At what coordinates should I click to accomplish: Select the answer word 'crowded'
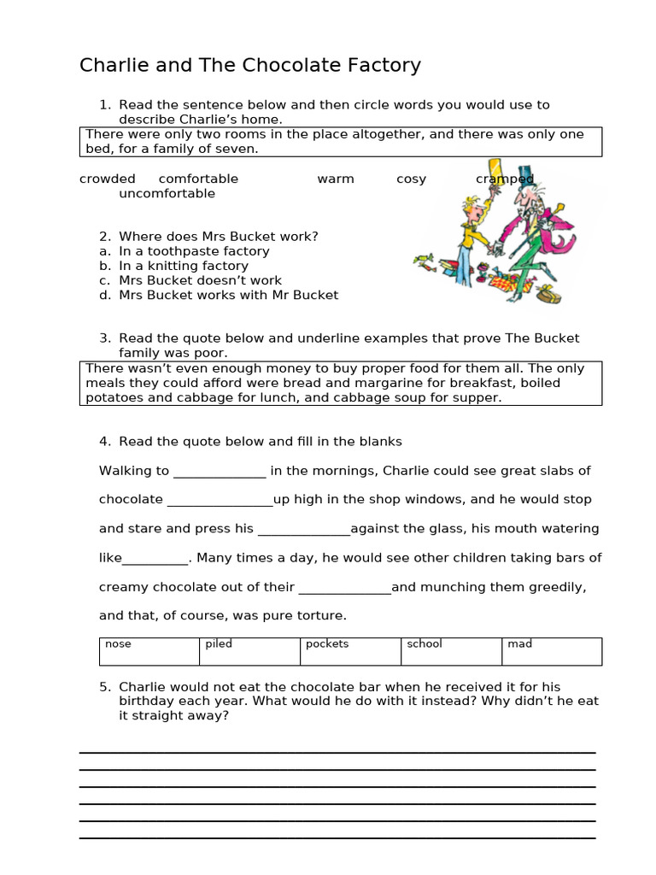coord(108,179)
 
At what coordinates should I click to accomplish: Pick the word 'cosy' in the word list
coord(411,179)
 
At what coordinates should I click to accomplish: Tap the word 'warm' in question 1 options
coord(336,179)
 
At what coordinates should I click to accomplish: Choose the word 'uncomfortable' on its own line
coord(167,193)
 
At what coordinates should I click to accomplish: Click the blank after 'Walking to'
coord(220,473)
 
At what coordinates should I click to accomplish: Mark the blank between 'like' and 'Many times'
coord(155,560)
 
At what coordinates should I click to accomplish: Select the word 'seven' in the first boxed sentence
coord(238,149)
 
